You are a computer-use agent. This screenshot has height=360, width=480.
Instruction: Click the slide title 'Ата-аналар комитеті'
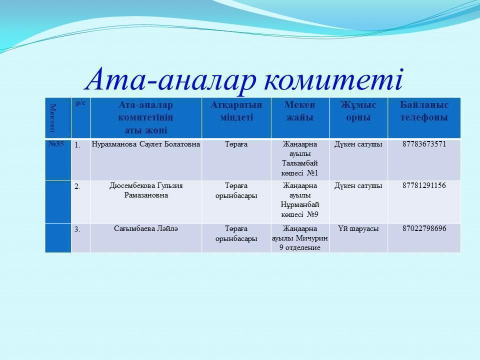coord(245,80)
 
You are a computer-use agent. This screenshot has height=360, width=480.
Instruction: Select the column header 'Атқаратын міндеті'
coord(236,111)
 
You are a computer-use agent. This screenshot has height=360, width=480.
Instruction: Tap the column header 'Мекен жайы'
coord(300,111)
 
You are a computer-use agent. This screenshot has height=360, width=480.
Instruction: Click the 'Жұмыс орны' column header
coord(358,111)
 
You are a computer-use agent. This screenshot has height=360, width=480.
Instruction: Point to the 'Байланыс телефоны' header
coord(424,111)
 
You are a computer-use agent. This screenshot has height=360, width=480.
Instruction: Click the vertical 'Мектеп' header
coord(53,117)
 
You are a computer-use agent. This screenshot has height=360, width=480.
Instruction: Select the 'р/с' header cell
coord(80,103)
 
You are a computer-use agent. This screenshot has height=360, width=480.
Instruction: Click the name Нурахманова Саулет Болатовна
coord(145,144)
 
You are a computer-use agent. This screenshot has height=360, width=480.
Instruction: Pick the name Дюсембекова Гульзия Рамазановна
coord(146,190)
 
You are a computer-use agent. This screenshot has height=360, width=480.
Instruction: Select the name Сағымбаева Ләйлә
coord(146,228)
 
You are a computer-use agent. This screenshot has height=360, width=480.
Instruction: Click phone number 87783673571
coord(424,144)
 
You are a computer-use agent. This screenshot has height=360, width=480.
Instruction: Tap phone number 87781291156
coord(424,185)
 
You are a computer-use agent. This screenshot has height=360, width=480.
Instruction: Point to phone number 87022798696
coord(424,228)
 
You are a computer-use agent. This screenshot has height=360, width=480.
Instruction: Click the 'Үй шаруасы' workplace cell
coord(358,228)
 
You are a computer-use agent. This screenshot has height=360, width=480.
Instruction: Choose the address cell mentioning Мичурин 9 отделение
coord(300,238)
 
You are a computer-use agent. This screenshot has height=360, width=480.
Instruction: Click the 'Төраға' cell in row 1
coord(236,144)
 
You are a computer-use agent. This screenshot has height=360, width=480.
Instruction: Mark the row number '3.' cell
coord(77,229)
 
